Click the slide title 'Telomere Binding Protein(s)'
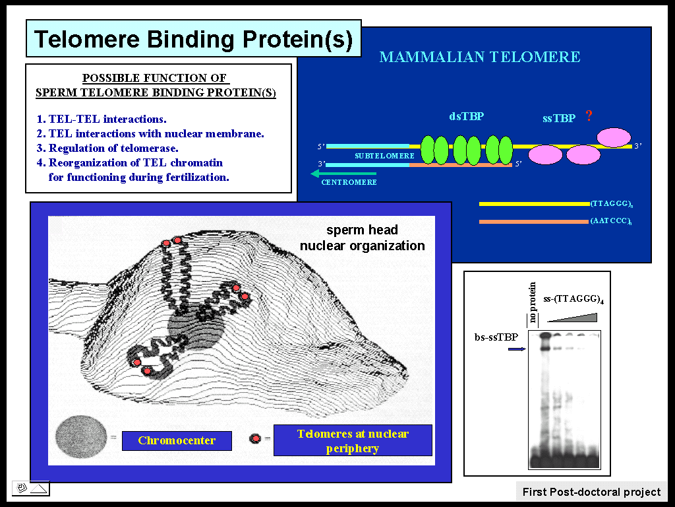(x=193, y=39)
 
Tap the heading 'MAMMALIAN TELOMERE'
(x=480, y=57)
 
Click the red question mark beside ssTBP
(x=589, y=116)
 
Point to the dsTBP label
(x=467, y=116)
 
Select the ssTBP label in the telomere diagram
(x=559, y=118)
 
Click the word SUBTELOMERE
(x=384, y=156)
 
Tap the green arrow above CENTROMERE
(x=343, y=174)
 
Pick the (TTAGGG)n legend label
(x=611, y=204)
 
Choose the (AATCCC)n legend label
(x=611, y=221)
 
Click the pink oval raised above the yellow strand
(x=614, y=137)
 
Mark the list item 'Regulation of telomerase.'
(x=107, y=149)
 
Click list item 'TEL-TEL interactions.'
(x=101, y=119)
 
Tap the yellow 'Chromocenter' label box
(x=177, y=440)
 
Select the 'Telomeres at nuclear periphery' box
(x=353, y=440)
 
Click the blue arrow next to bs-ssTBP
(x=517, y=349)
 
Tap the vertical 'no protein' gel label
(x=533, y=302)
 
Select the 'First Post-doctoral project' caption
(x=591, y=492)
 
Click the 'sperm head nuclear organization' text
(x=362, y=238)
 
